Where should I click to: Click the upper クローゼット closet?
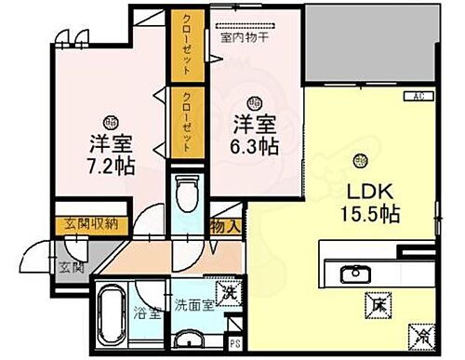pos(181,47)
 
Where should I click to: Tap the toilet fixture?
pos(187,195)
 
